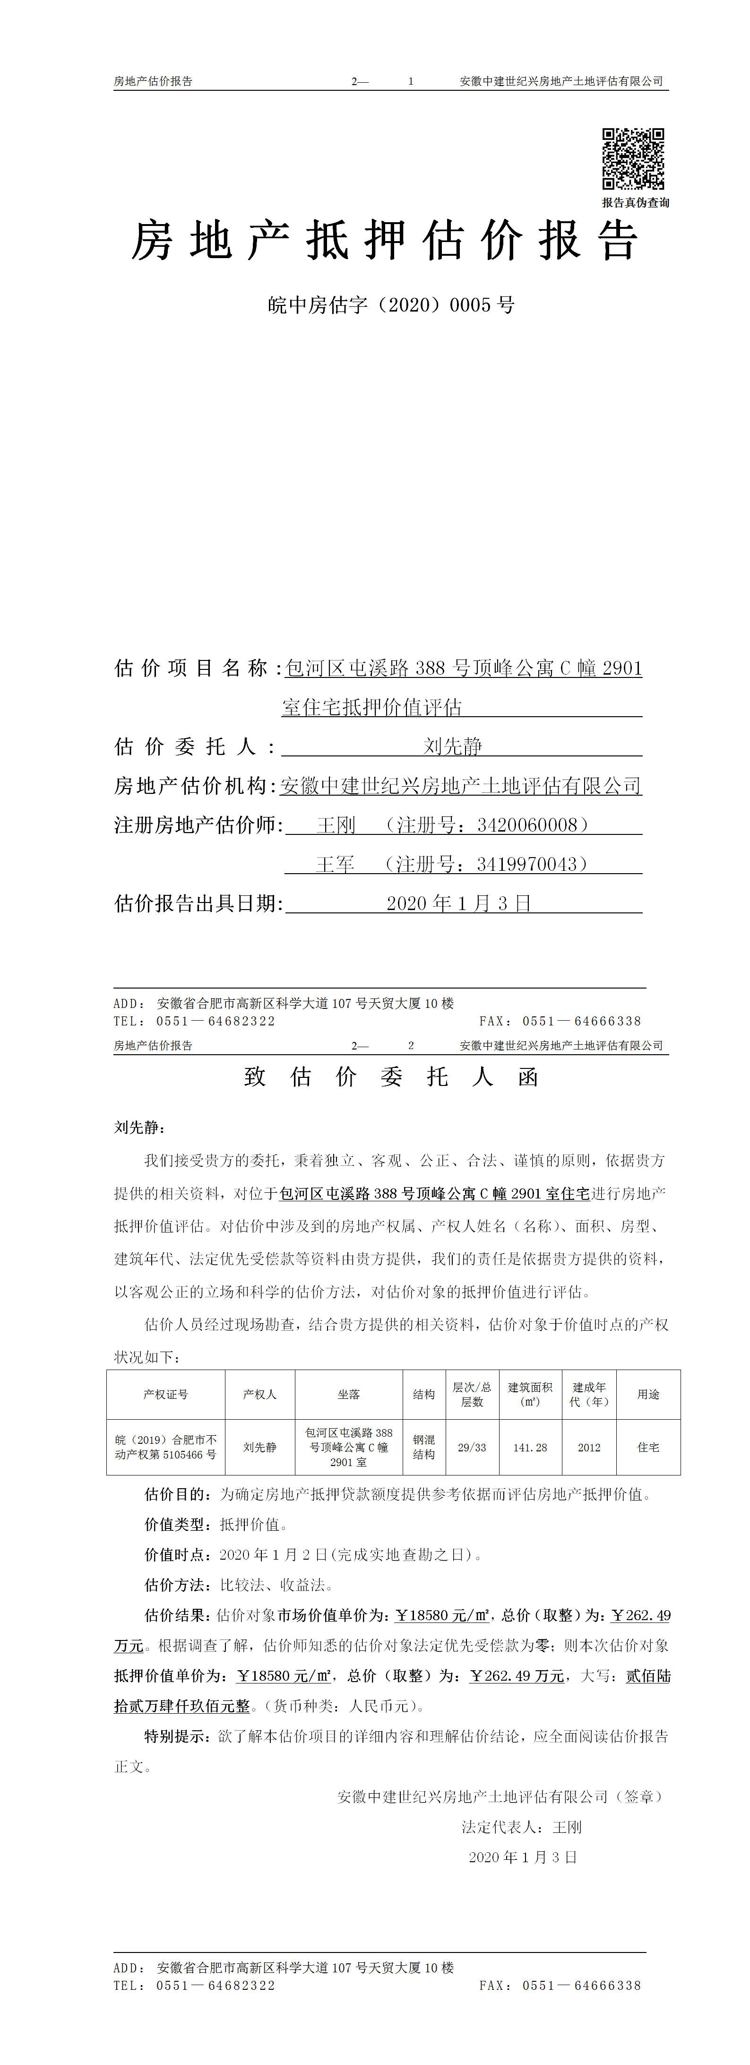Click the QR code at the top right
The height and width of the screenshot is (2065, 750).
point(633,159)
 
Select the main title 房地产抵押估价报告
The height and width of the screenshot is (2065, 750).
point(385,241)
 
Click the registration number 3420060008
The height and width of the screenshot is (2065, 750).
point(526,825)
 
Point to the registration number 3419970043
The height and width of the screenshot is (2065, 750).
point(526,864)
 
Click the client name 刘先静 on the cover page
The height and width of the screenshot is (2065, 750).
point(453,746)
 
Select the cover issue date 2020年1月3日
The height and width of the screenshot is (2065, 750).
point(458,903)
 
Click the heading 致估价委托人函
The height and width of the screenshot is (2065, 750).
point(391,1076)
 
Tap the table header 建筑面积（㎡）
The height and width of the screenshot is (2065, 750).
point(530,1394)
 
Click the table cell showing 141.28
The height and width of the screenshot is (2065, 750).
point(530,1448)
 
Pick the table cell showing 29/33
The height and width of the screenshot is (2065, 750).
point(472,1448)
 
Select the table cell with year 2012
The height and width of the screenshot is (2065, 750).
point(589,1448)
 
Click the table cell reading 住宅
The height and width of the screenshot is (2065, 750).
point(648,1448)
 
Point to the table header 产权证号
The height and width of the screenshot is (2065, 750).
point(166,1395)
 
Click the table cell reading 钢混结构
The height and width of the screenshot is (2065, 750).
point(424,1447)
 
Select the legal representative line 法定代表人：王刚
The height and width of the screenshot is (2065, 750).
point(522,1827)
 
